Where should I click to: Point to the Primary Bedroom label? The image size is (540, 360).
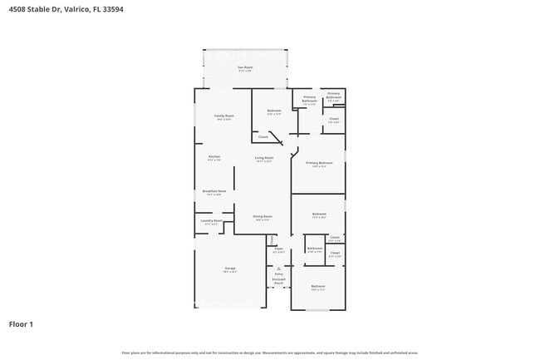319,163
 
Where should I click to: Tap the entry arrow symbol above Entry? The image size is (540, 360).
278,267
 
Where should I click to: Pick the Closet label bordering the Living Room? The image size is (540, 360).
263,136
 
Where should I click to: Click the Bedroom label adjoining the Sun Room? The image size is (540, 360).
274,111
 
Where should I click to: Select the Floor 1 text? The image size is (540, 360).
21,323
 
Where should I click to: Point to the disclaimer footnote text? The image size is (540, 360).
270,353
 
